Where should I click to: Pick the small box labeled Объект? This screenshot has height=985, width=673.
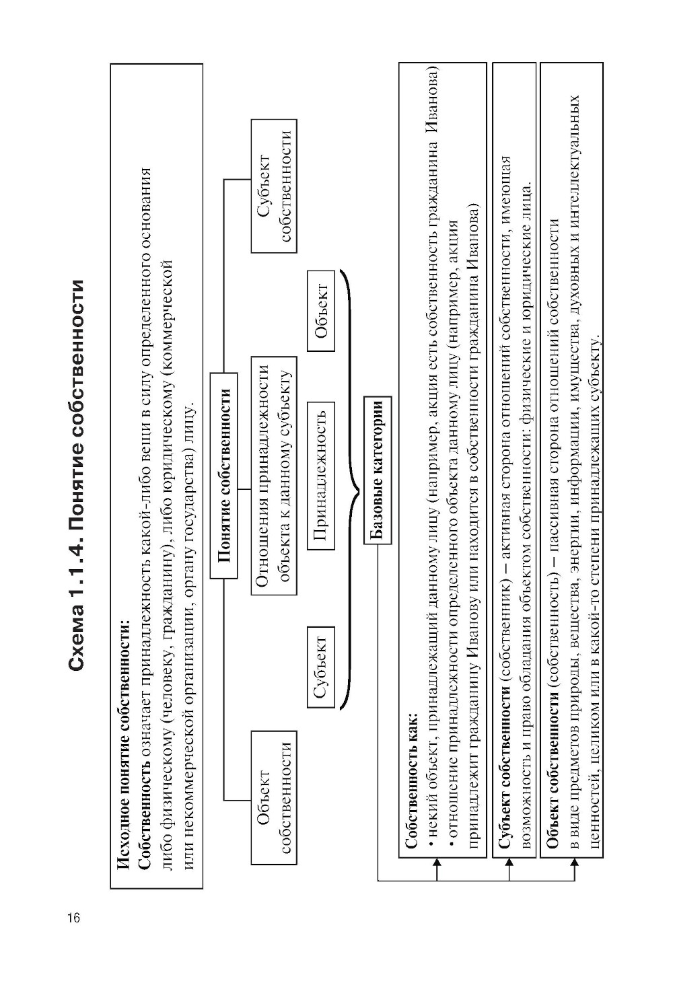tap(320, 310)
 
